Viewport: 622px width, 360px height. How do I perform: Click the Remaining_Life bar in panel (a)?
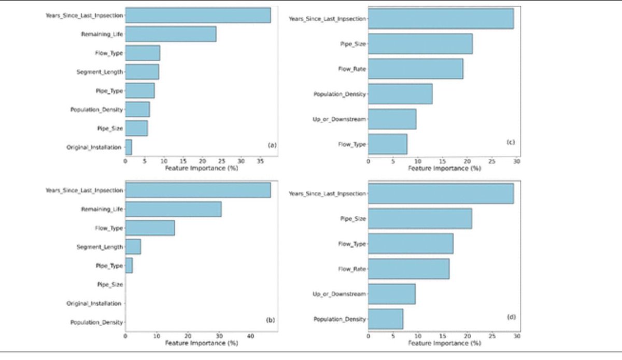[x=170, y=34]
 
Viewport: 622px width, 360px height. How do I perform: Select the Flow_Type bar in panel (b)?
[x=150, y=228]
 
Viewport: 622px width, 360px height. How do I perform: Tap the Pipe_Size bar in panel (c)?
[x=420, y=44]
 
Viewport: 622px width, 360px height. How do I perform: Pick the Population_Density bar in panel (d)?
[x=385, y=319]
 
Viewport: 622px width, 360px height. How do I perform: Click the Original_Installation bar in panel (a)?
[x=129, y=147]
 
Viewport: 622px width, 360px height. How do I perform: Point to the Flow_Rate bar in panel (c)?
[x=415, y=68]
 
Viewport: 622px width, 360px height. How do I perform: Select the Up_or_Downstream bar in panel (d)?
[x=391, y=294]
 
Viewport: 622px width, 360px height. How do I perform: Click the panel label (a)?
[x=271, y=146]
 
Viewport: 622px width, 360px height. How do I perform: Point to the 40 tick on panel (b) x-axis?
[x=250, y=336]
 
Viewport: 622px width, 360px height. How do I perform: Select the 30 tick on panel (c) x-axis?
[x=516, y=161]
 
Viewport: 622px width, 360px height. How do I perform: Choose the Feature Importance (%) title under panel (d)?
[x=444, y=343]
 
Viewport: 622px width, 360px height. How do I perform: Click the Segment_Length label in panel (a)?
[x=100, y=72]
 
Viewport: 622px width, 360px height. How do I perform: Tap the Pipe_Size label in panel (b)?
[x=110, y=284]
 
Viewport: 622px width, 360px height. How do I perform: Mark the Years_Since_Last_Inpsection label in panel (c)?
[x=327, y=19]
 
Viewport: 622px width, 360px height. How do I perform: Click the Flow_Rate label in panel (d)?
[x=352, y=269]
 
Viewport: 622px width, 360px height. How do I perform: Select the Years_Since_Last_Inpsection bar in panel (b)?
[x=197, y=190]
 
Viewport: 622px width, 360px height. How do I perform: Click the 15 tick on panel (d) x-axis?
[x=442, y=336]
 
